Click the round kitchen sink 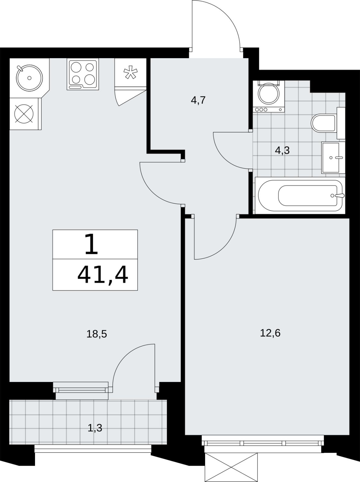click(x=29, y=78)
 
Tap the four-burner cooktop click(x=83, y=74)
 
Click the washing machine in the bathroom click(x=269, y=96)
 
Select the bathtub click(x=300, y=196)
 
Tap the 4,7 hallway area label click(x=198, y=100)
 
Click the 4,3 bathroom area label click(x=282, y=151)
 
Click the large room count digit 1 click(x=91, y=244)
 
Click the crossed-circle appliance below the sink click(x=24, y=114)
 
